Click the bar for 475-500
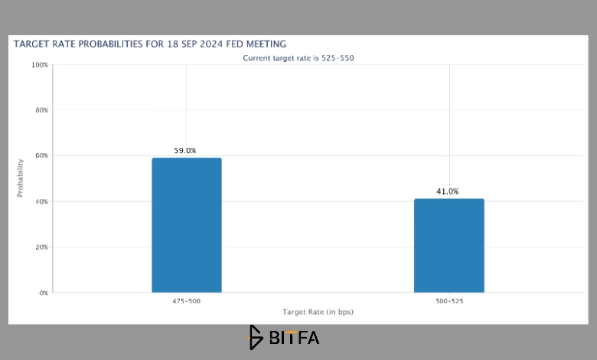[x=187, y=225]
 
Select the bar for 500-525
[x=449, y=246]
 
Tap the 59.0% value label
[x=185, y=150]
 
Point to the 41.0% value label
[x=448, y=191]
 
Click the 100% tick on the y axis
[x=40, y=65]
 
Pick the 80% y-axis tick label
[x=42, y=110]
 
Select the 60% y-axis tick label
[x=42, y=155]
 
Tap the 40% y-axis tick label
[x=42, y=201]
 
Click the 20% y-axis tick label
[x=42, y=247]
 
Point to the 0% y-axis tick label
[x=44, y=293]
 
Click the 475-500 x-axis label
[x=187, y=301]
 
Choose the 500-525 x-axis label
[x=449, y=301]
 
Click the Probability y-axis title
[x=20, y=178]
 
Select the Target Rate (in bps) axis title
[x=318, y=312]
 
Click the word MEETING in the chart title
[x=266, y=44]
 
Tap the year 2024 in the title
[x=211, y=44]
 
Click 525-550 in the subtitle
[x=338, y=58]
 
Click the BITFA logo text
[x=294, y=338]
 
